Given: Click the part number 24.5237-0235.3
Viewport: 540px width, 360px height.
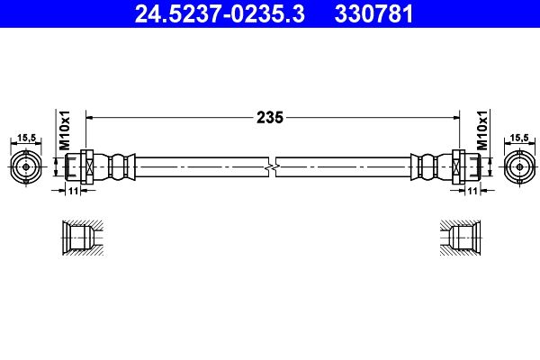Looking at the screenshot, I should (210, 13).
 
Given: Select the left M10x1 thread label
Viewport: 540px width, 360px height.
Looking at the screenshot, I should (65, 131).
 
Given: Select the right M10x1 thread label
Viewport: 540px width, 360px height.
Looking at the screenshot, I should (481, 131).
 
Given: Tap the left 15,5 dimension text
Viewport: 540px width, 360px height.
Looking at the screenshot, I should (26, 137).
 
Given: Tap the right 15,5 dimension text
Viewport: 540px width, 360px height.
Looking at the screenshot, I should (518, 137).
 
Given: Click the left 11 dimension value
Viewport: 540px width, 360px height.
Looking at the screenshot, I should (74, 191).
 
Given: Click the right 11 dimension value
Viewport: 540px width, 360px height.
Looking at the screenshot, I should (472, 191).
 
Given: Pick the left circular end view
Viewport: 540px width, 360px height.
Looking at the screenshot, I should (27, 166).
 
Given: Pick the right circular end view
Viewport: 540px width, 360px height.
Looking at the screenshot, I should (517, 166).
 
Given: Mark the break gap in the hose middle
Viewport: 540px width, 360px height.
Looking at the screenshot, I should (273, 167).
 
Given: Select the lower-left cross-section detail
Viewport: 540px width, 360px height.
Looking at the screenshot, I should (79, 238).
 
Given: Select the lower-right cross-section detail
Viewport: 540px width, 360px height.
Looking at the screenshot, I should (463, 238).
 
